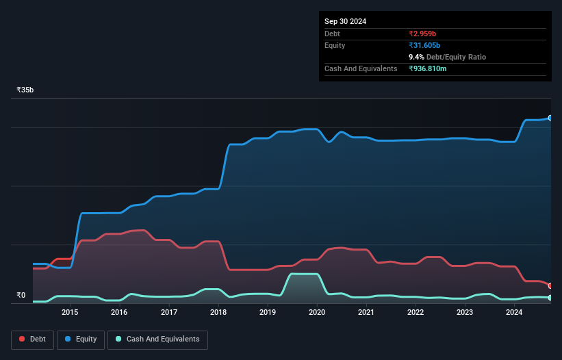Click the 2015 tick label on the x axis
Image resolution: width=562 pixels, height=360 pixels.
pyautogui.click(x=70, y=313)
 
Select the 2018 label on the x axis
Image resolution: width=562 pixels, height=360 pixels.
pyautogui.click(x=218, y=313)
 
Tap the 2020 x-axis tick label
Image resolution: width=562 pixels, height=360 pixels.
pyautogui.click(x=317, y=313)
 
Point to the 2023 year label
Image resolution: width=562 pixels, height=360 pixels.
pyautogui.click(x=465, y=313)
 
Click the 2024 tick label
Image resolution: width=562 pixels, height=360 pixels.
pyautogui.click(x=514, y=313)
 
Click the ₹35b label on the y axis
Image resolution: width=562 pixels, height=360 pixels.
pyautogui.click(x=25, y=90)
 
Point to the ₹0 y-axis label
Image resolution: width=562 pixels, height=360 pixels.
pyautogui.click(x=21, y=296)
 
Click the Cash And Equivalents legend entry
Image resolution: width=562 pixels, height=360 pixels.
pyautogui.click(x=157, y=339)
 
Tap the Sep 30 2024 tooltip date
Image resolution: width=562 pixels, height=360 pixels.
pyautogui.click(x=345, y=21)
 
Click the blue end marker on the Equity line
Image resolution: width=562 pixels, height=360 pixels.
pyautogui.click(x=550, y=118)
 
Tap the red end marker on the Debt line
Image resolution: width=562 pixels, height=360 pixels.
pyautogui.click(x=550, y=286)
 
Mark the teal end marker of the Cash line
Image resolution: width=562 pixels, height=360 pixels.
pyautogui.click(x=550, y=298)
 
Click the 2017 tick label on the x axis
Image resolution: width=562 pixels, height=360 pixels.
pyautogui.click(x=169, y=313)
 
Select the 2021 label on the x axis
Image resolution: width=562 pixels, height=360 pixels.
pyautogui.click(x=366, y=313)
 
